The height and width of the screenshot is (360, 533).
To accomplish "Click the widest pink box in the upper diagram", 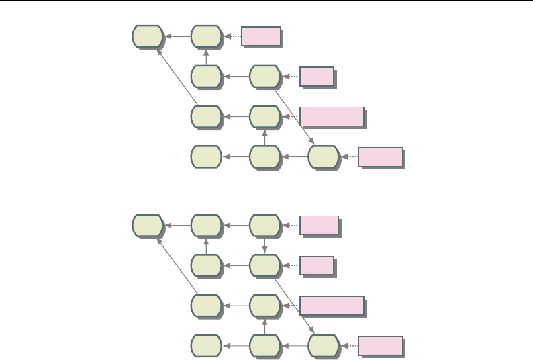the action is tap(332, 117).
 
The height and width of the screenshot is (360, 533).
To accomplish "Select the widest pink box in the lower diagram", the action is tap(332, 306).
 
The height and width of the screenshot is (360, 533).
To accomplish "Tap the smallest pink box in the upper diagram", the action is tap(317, 77).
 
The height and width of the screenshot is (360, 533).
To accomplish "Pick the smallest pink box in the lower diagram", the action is tap(317, 266).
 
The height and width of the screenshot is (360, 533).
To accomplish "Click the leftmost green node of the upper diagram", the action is tap(148, 36).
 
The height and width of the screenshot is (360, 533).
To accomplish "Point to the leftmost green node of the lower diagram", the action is tap(148, 226).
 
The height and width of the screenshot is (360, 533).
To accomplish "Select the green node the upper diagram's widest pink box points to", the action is tap(265, 117).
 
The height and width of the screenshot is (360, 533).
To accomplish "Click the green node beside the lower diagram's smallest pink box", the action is tap(265, 266).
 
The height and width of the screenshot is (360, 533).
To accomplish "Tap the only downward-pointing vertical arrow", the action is tap(265, 245).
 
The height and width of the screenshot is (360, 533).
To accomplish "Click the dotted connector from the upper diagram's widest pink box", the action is tap(290, 117).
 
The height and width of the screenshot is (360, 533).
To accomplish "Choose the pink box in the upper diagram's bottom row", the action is tap(381, 157).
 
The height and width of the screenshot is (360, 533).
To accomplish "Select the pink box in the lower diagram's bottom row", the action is tap(381, 347).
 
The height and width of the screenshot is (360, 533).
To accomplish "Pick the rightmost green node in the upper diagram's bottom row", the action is tap(324, 157).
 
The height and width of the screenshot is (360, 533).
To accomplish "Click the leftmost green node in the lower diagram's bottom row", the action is tap(206, 347).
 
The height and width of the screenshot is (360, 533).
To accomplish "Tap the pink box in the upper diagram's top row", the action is tap(260, 36).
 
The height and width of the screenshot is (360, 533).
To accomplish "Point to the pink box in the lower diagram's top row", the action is tap(319, 226).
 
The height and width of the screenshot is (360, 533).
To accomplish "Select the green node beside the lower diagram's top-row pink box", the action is tap(265, 226).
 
